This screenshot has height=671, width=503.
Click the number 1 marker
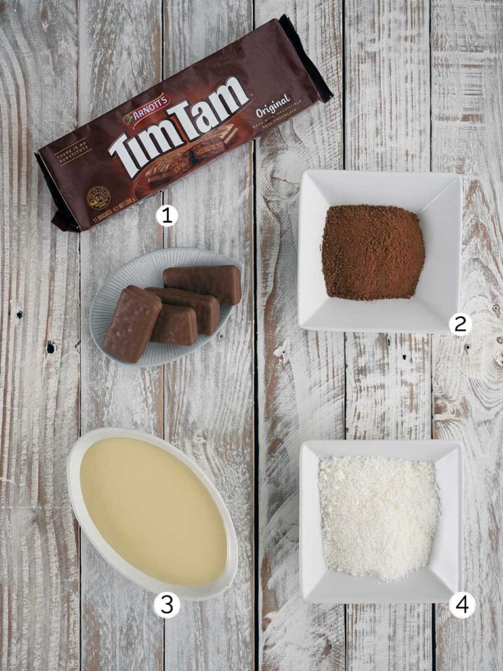[x=166, y=215]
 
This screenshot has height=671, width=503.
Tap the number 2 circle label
[x=460, y=324]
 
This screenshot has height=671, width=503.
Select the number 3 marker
[x=166, y=605]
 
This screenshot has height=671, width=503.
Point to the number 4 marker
[x=462, y=605]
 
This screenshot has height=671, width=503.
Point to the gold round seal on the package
[x=98, y=198]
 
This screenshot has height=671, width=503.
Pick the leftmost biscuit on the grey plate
[x=131, y=322]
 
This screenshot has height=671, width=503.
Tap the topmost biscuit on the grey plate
[x=203, y=282]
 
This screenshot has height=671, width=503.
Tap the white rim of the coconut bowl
[x=381, y=451]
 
